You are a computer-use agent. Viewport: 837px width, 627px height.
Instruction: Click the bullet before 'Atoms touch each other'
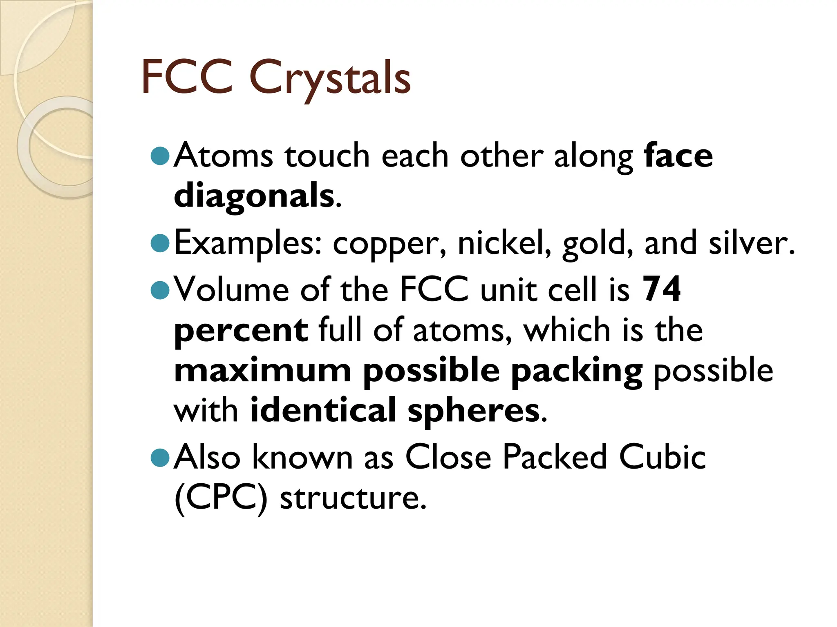pos(160,156)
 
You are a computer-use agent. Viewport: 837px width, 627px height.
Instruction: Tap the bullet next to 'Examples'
pos(160,243)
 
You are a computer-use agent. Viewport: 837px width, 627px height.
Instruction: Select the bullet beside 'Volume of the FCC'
pos(160,290)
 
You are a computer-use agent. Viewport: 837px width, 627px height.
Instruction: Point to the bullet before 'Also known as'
pos(160,457)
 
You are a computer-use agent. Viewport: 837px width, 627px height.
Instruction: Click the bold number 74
pos(662,289)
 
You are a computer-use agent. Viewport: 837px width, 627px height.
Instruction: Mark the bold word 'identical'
pos(323,410)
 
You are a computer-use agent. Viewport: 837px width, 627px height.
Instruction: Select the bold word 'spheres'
pos(474,411)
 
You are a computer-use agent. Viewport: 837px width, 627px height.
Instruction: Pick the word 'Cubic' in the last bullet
pos(662,456)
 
